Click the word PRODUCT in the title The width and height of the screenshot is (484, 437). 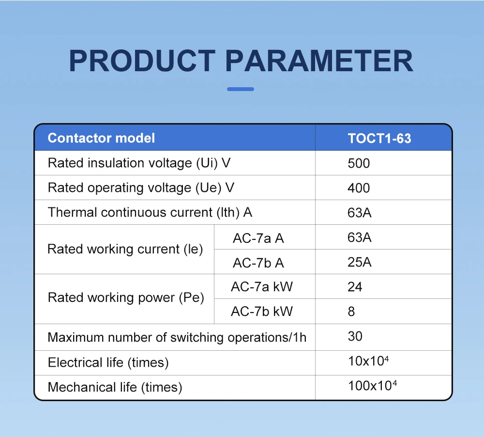click(142, 61)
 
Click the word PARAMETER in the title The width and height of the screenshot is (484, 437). click(319, 61)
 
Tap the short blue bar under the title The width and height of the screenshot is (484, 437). click(241, 89)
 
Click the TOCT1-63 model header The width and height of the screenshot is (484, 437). click(379, 139)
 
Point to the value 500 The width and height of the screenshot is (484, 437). click(358, 163)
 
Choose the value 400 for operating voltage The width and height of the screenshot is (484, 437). click(358, 188)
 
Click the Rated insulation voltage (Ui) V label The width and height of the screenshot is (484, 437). click(139, 163)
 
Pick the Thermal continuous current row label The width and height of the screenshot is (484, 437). click(150, 212)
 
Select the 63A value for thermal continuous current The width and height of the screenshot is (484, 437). click(359, 213)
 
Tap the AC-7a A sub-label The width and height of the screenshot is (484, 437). click(258, 238)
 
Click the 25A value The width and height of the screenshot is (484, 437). click(359, 262)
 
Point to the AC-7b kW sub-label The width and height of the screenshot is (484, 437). click(262, 311)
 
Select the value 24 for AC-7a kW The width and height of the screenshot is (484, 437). click(355, 287)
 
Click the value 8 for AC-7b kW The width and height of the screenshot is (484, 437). click(351, 312)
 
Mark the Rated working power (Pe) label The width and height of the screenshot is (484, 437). click(126, 297)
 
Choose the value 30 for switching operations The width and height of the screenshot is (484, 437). click(355, 336)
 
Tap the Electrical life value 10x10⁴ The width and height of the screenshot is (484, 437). click(368, 360)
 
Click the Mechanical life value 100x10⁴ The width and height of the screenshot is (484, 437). click(372, 385)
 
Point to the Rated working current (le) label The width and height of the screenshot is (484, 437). click(125, 249)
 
